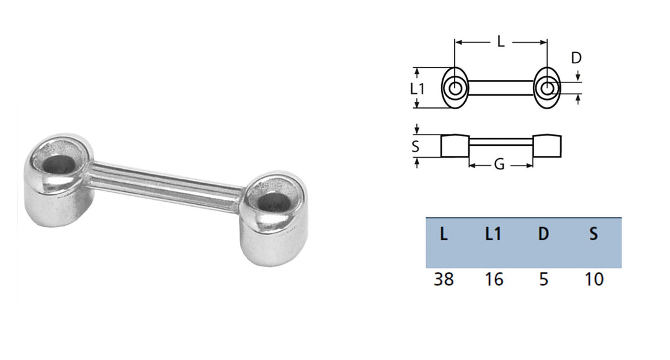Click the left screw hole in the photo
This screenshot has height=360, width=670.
point(58,164)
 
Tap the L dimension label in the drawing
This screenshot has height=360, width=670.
point(501,42)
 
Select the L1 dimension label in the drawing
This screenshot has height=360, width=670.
point(417,89)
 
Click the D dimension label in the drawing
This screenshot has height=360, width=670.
point(576,58)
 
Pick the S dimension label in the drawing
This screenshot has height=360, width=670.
point(415,146)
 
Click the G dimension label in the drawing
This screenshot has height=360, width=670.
point(499,164)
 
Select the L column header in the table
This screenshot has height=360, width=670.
point(444,234)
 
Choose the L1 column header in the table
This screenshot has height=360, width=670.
point(493,234)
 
